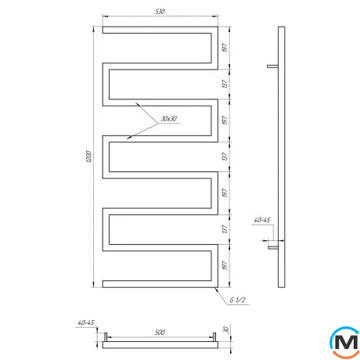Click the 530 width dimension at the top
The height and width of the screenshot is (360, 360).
click(x=160, y=12)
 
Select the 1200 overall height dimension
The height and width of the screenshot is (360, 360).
click(x=88, y=157)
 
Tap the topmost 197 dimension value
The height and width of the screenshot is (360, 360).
click(x=225, y=48)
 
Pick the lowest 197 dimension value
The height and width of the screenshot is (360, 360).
click(x=225, y=265)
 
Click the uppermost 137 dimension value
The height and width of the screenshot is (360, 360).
click(x=225, y=84)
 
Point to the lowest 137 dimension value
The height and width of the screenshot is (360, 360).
click(x=225, y=229)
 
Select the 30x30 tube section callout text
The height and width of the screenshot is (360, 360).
click(x=169, y=119)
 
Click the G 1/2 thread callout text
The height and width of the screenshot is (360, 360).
click(x=237, y=300)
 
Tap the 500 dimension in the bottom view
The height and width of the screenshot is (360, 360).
click(x=160, y=333)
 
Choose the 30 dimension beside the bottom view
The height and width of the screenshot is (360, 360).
click(x=226, y=330)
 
